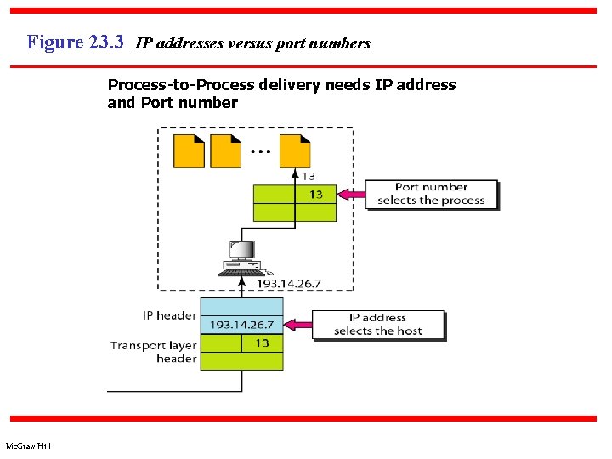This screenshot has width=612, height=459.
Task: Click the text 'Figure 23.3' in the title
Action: pos(76,42)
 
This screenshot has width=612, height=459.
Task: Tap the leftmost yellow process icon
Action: pos(189,150)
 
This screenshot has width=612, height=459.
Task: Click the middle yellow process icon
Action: pos(225,150)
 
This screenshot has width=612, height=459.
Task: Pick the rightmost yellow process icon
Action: pos(295,150)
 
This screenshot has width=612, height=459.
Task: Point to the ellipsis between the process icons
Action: pos(261,152)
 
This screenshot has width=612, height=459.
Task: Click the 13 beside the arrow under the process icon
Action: pos(309,176)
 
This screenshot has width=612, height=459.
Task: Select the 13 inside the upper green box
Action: pos(315,195)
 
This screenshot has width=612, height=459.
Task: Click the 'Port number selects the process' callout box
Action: pos(431,194)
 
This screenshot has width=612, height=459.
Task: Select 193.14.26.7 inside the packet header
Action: pos(242,325)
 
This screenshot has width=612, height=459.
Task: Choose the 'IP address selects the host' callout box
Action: pos(378,325)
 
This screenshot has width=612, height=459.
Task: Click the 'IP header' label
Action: pos(169,315)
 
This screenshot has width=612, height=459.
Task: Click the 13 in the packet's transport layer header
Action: pos(262,343)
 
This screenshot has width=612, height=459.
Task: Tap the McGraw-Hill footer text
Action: pos(28,446)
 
